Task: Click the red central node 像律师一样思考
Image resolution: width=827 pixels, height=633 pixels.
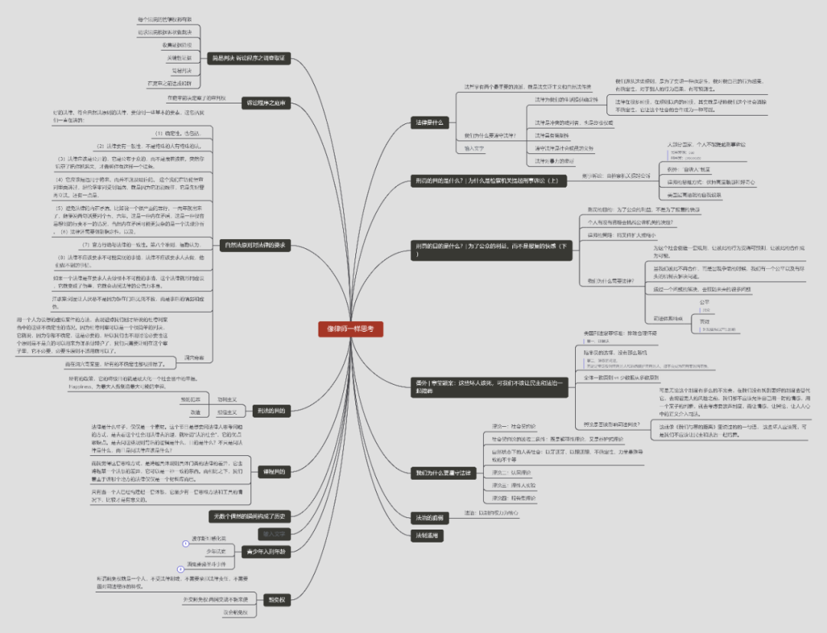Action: coord(350,329)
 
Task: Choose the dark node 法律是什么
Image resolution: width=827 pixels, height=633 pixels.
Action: coord(429,122)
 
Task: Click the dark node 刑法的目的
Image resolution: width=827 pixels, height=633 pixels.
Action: coord(270,410)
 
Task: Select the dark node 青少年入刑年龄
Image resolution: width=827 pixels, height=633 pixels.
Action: coord(265,551)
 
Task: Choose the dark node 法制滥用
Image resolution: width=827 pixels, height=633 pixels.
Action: coord(427,535)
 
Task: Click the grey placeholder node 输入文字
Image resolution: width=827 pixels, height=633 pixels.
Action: coord(273,533)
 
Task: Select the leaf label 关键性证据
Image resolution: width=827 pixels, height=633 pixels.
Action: coord(179,57)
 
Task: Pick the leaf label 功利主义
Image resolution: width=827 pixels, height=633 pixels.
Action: coord(227,399)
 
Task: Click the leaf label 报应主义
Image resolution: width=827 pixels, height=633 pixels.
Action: coord(227,412)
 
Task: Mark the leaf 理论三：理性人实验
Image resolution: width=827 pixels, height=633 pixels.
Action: coord(514,485)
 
